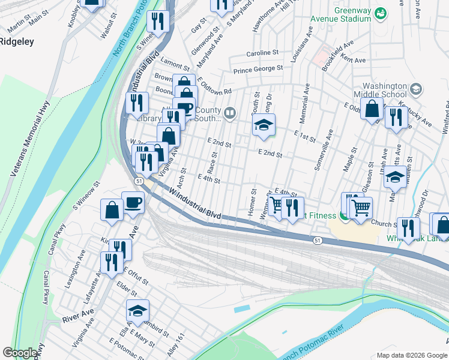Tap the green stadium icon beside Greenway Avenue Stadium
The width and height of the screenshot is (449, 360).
[x=379, y=13]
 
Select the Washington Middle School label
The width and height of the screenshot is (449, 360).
[x=385, y=90]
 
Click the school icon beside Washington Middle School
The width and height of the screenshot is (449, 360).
[x=415, y=90]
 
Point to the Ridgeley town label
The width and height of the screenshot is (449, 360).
[x=16, y=42]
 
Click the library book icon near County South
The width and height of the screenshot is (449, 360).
[x=229, y=113]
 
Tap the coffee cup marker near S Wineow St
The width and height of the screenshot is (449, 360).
[x=133, y=203]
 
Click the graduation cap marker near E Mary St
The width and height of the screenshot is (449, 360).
[x=137, y=311]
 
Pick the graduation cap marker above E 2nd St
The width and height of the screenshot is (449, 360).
[x=264, y=125]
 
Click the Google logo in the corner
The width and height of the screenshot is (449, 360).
[x=20, y=353]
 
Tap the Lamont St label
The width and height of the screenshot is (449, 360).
[x=175, y=63]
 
